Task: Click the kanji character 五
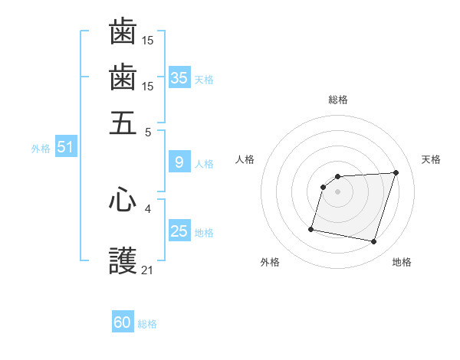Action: [123, 123]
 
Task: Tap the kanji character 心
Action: [123, 200]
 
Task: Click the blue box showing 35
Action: [179, 77]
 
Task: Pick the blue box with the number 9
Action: [179, 162]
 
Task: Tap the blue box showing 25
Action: [179, 231]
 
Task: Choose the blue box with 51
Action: [65, 148]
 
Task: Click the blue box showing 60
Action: [123, 322]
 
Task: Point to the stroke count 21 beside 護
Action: [148, 270]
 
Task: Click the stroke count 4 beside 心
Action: [148, 208]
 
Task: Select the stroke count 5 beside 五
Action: [148, 131]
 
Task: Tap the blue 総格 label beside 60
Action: [148, 324]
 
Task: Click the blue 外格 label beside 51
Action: [41, 149]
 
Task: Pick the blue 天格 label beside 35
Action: [204, 79]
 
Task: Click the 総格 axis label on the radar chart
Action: [338, 100]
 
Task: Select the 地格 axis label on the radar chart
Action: [402, 262]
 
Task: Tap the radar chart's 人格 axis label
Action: [245, 159]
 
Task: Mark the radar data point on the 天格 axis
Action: [396, 172]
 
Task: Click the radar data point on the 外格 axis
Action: [311, 229]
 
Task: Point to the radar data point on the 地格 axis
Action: [373, 242]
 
